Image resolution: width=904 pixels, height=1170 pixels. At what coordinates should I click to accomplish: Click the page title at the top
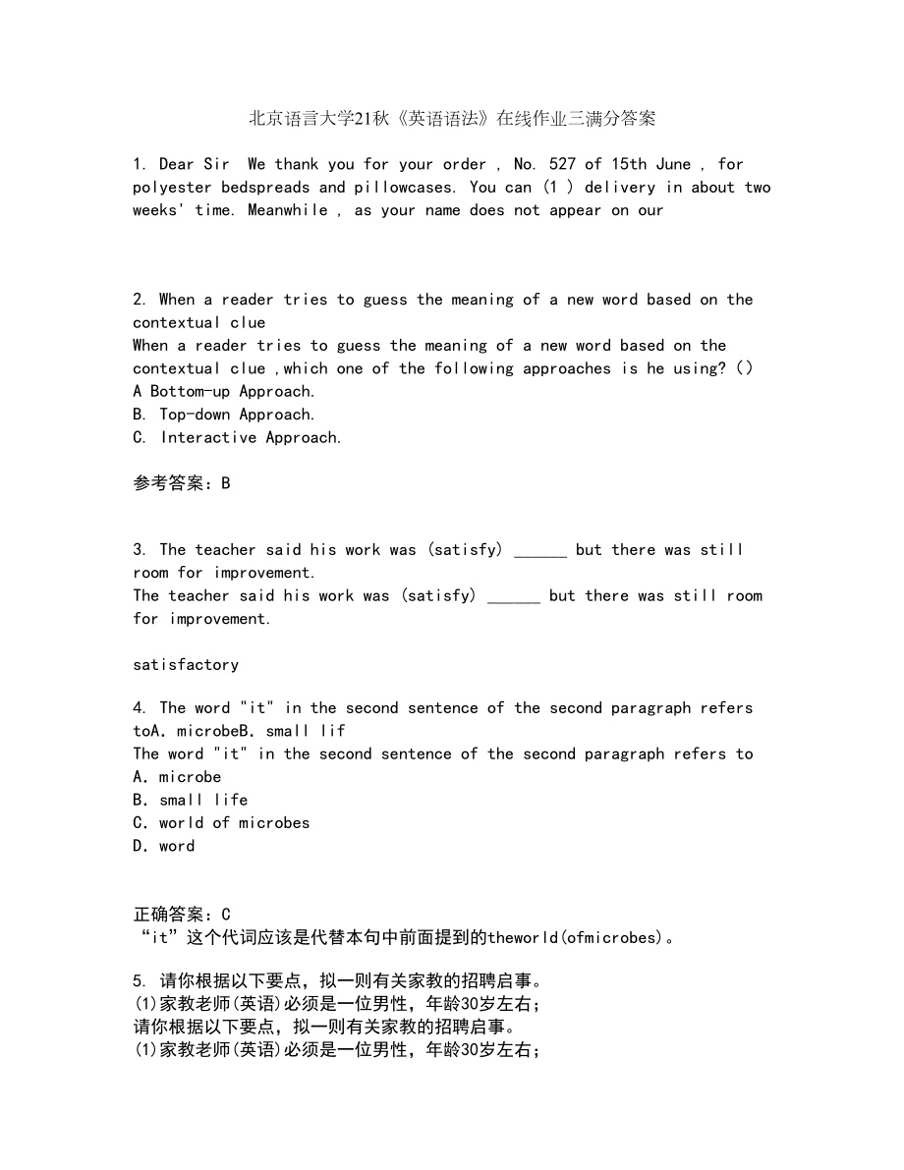click(x=452, y=120)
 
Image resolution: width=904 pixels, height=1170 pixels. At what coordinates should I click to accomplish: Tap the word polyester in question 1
click(x=173, y=188)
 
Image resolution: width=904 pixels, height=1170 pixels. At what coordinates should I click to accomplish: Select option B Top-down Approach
click(x=224, y=415)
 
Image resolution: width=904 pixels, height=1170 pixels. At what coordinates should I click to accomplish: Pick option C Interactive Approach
click(x=238, y=438)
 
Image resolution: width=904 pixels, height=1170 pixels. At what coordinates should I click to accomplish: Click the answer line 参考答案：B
click(x=182, y=483)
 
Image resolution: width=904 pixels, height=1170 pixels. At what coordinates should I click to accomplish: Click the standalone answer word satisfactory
click(x=186, y=665)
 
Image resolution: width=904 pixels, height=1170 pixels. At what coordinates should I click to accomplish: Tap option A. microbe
click(x=178, y=777)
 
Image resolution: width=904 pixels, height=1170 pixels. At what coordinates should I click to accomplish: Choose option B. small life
click(x=191, y=801)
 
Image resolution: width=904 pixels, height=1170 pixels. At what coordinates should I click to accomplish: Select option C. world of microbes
click(x=221, y=823)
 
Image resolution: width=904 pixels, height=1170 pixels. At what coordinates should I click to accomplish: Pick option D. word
click(x=164, y=846)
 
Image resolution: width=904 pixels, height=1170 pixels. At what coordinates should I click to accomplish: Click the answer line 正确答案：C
click(x=182, y=915)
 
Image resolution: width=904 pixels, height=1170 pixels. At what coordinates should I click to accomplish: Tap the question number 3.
click(x=139, y=550)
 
